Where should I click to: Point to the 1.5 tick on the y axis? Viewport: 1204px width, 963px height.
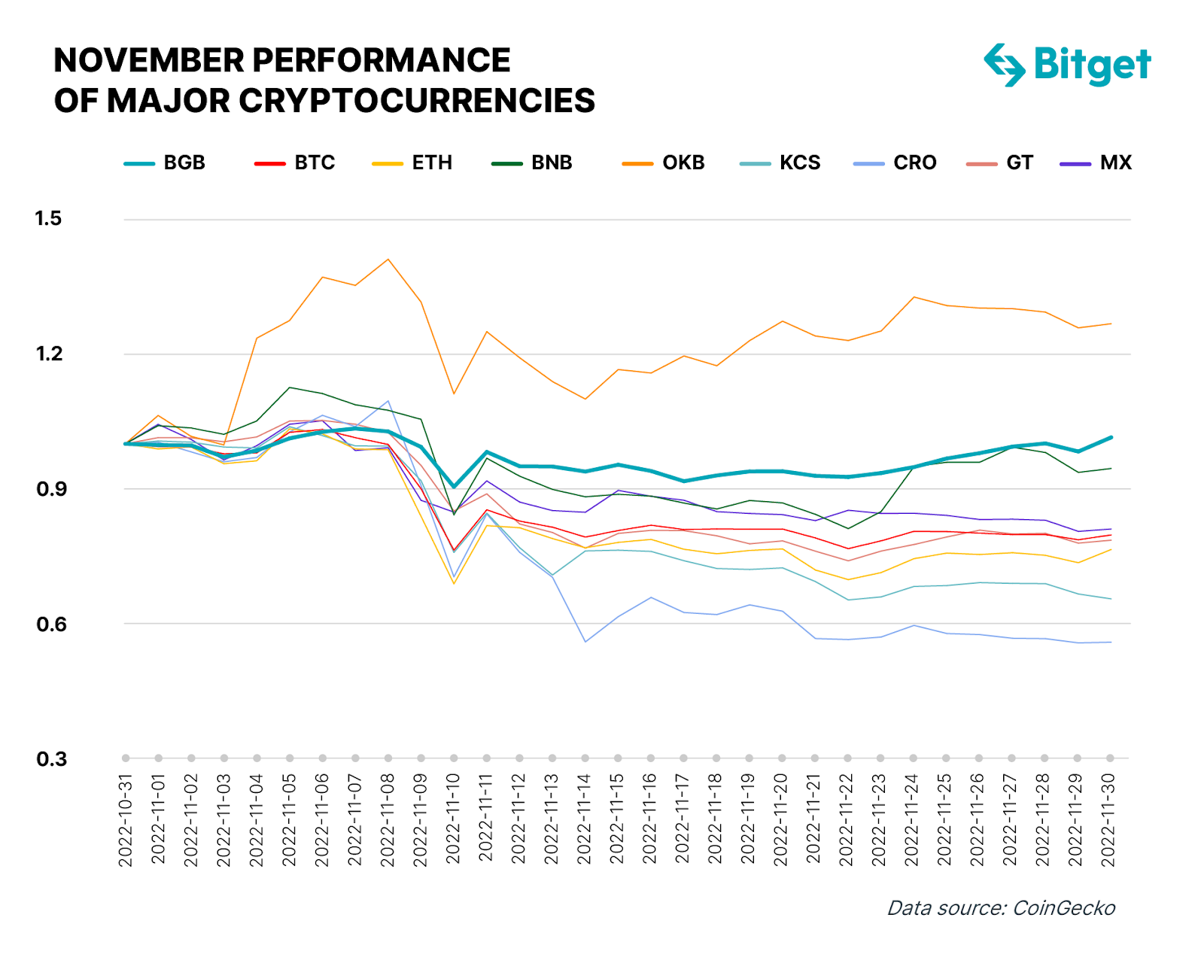[48, 219]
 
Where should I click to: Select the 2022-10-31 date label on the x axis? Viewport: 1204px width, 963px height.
[126, 820]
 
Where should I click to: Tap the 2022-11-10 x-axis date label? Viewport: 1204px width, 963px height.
[453, 820]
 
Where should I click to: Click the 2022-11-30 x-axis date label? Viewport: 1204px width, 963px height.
[1108, 820]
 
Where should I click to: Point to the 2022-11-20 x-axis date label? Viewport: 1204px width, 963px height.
[781, 820]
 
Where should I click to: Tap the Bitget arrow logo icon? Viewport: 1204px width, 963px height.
[1005, 65]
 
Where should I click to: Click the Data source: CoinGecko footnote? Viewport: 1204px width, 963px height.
[1001, 908]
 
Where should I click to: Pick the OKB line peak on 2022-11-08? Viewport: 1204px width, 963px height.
[388, 260]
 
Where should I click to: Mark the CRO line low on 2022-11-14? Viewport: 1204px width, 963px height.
[585, 642]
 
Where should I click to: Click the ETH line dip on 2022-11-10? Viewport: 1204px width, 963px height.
[454, 583]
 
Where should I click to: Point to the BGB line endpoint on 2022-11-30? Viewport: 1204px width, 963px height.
[1111, 437]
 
